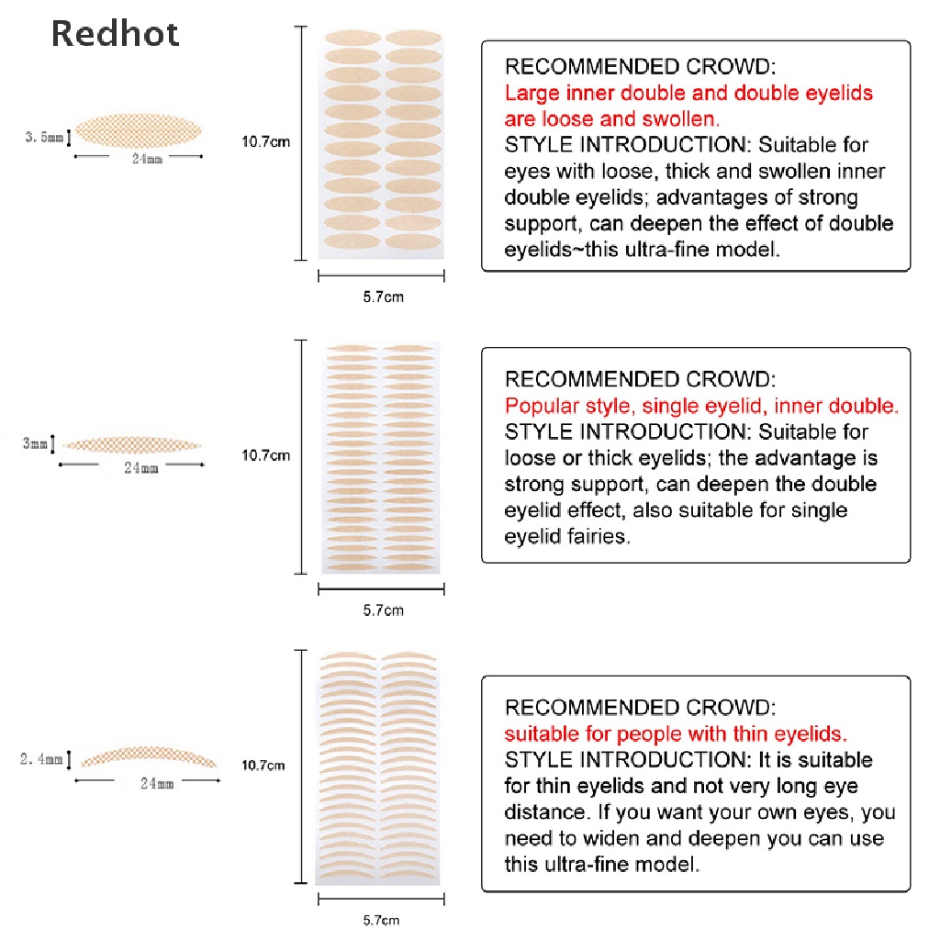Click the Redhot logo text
(x=115, y=34)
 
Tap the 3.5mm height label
(x=44, y=138)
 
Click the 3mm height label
(x=34, y=444)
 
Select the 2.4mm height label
(x=41, y=759)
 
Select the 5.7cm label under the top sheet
(x=383, y=297)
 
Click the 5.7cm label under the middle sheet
(x=383, y=610)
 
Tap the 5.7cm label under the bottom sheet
(x=381, y=920)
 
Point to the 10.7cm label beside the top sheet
(x=264, y=141)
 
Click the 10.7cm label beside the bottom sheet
(x=263, y=765)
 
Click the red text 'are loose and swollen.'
(x=612, y=118)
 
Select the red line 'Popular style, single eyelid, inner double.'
(x=701, y=406)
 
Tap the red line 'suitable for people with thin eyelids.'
(x=676, y=733)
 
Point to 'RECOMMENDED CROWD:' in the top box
(x=640, y=66)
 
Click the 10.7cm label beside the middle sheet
(x=264, y=454)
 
